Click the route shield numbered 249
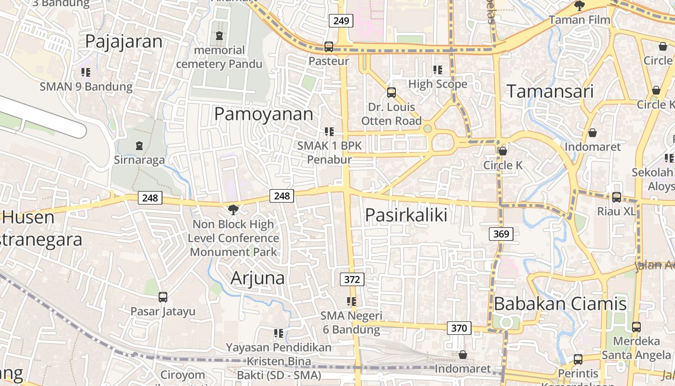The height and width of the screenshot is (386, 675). [x=341, y=21]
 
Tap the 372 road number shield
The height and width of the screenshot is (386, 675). [x=352, y=279]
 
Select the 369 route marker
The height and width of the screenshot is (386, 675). [x=501, y=234]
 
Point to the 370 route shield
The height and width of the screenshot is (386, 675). [x=459, y=328]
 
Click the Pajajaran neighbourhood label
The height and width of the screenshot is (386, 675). [x=123, y=41]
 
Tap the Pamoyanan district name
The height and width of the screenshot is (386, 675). [x=263, y=114]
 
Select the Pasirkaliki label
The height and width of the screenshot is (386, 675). [x=406, y=215]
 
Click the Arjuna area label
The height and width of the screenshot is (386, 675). [x=257, y=278]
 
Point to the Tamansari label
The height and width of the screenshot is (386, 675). [x=550, y=91]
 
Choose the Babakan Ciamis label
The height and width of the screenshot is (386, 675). [x=560, y=303]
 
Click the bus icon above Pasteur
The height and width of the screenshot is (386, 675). [x=329, y=47]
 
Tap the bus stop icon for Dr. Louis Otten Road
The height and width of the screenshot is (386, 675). [x=391, y=92]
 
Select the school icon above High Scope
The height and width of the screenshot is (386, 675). [x=438, y=70]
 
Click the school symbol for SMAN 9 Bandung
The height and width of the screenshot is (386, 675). [x=86, y=72]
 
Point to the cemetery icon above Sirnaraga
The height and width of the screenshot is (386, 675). [x=139, y=145]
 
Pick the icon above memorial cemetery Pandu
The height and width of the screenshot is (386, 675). [x=220, y=36]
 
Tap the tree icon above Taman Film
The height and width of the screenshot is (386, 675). [x=579, y=6]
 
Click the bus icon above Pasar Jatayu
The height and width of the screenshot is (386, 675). [x=163, y=297]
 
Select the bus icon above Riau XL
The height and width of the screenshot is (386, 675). [x=616, y=197]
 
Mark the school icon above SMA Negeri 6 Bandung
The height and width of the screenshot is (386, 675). [x=351, y=302]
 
